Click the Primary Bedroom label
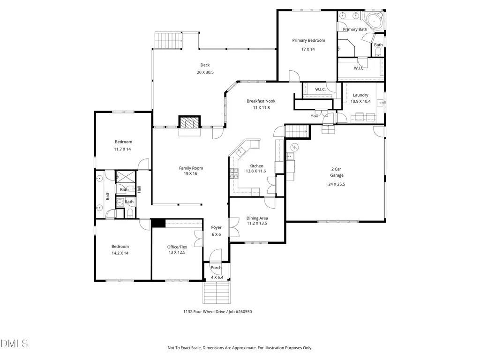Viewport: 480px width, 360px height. click(308, 40)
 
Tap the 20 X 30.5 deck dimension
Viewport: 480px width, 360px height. click(205, 72)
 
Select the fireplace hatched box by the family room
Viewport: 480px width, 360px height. click(189, 122)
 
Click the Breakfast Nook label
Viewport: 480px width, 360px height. click(261, 101)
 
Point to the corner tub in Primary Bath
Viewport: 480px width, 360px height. click(374, 21)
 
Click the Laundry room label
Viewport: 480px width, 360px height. click(360, 95)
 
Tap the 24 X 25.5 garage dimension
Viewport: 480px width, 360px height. click(337, 184)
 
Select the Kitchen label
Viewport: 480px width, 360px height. click(256, 166)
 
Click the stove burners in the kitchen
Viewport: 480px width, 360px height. click(234, 174)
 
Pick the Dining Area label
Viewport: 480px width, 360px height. click(257, 218)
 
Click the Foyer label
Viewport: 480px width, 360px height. click(216, 227)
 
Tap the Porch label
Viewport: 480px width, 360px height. click(216, 268)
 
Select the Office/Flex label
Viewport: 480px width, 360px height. click(177, 247)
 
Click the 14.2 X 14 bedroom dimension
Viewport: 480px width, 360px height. click(120, 253)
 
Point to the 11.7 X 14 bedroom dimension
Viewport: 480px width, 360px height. click(122, 149)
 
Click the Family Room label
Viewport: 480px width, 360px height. click(191, 168)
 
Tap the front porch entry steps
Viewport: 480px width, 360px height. click(217, 292)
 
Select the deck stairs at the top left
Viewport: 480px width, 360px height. click(168, 40)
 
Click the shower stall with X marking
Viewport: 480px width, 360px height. click(126, 177)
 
